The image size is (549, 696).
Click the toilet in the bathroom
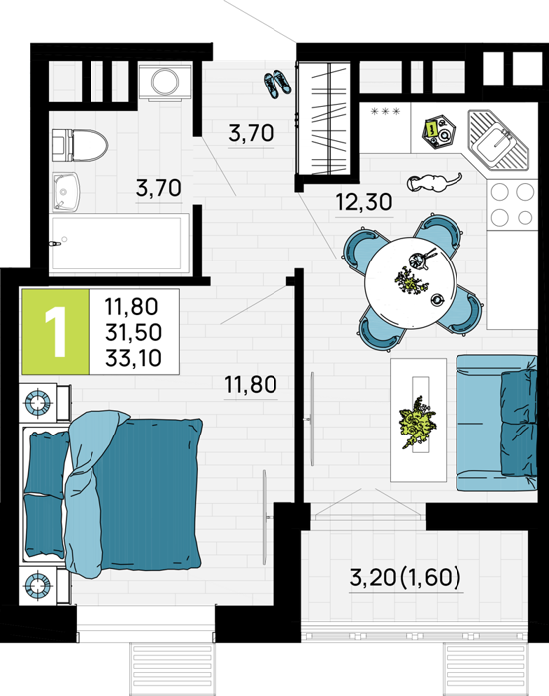point(79,145)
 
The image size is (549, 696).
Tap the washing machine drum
point(165,82)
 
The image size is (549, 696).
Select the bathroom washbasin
point(66,192)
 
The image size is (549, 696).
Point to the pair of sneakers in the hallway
point(277,84)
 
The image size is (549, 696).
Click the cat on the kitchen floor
point(433,182)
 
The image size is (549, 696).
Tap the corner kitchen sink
point(498,139)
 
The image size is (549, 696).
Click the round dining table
point(411,283)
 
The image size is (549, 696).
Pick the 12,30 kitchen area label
point(364,202)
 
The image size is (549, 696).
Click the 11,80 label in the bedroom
point(251,385)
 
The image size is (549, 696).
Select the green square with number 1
point(55,331)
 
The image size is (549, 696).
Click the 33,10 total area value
point(133,358)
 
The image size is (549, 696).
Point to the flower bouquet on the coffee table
point(418,423)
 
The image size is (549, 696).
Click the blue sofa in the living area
point(496,423)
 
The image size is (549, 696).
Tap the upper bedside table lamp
point(38,402)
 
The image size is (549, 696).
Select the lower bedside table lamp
point(38,585)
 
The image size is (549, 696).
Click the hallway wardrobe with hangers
point(328,118)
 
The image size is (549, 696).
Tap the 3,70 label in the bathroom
point(158,188)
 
